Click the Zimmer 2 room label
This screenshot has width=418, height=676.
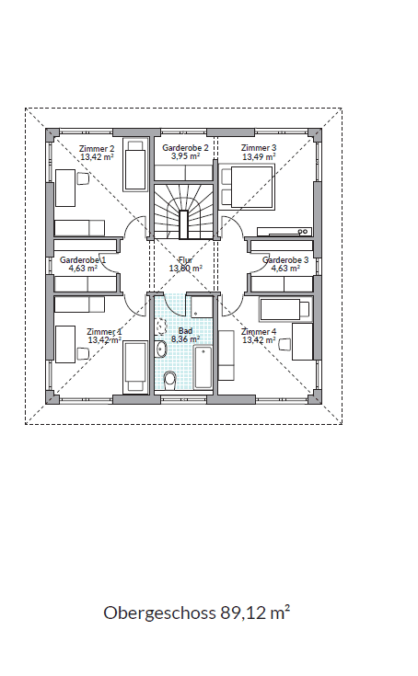coord(97,149)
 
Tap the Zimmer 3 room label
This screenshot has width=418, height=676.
coord(259,148)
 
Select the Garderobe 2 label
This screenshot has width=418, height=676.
coord(185,148)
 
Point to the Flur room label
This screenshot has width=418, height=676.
coord(185,260)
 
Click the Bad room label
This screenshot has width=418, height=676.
coord(185,331)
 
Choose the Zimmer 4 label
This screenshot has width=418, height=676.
coord(259,331)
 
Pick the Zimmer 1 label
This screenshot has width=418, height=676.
coord(104,332)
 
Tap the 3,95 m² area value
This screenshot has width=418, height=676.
coord(185,156)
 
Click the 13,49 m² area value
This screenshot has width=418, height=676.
coord(259,156)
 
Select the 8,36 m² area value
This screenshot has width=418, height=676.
coord(185,338)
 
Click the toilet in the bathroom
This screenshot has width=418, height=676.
coord(170,380)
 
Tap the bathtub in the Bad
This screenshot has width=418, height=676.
coord(203,367)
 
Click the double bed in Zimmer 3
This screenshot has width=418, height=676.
coord(247,187)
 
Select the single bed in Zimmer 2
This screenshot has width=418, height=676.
coord(135,165)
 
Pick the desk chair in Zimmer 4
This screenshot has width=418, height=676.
coord(284,345)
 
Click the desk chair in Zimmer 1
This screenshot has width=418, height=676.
coord(83,353)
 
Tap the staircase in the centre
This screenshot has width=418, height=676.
coord(184,212)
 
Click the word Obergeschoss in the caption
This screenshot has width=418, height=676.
coord(159,613)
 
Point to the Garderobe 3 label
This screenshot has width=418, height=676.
coord(285,260)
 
